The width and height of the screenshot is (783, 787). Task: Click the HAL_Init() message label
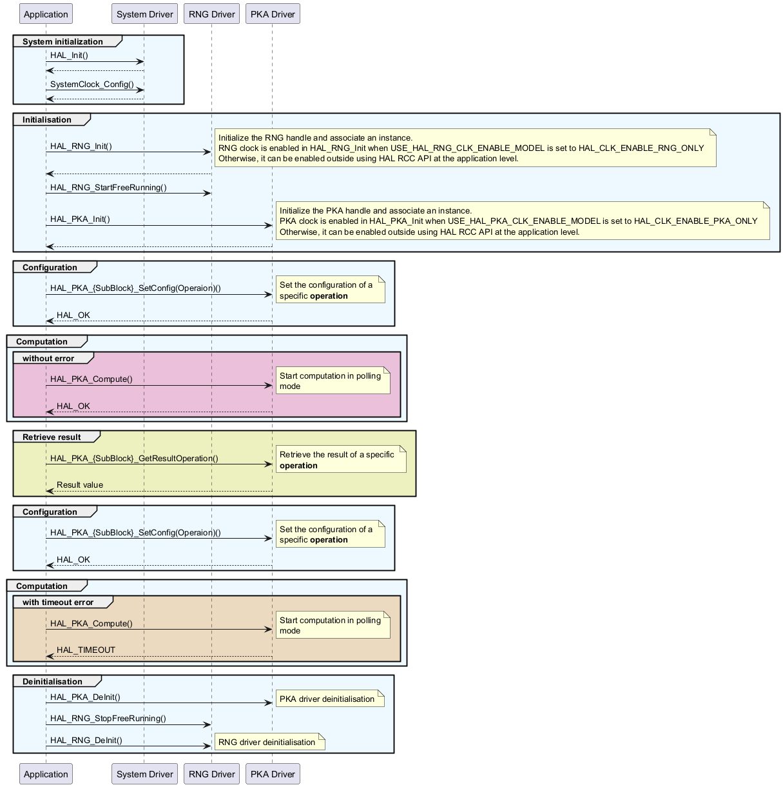pyautogui.click(x=69, y=55)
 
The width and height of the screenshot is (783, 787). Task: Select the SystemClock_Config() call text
pyautogui.click(x=92, y=85)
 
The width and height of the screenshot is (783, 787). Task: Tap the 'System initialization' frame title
pyautogui.click(x=63, y=42)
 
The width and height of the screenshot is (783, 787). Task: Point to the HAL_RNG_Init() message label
pyautogui.click(x=81, y=146)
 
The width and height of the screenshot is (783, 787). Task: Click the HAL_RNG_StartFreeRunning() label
pyautogui.click(x=108, y=188)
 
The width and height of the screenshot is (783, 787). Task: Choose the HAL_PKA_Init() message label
pyautogui.click(x=80, y=219)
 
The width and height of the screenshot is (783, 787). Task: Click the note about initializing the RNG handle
pyautogui.click(x=465, y=148)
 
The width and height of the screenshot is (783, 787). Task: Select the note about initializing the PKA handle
pyautogui.click(x=522, y=221)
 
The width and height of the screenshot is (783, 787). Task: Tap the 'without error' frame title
pyautogui.click(x=48, y=359)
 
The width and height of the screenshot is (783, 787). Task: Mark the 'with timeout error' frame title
pyautogui.click(x=58, y=603)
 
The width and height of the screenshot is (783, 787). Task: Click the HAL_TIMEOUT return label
pyautogui.click(x=86, y=650)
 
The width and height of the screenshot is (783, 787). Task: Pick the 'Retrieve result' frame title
pyautogui.click(x=52, y=437)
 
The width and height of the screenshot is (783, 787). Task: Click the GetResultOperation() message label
pyautogui.click(x=134, y=459)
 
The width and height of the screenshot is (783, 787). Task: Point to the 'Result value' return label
pyautogui.click(x=80, y=485)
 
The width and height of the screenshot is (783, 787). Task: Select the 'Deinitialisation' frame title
pyautogui.click(x=52, y=682)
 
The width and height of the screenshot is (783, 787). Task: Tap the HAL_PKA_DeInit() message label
pyautogui.click(x=85, y=697)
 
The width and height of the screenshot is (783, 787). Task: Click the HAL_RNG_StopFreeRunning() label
pyautogui.click(x=108, y=719)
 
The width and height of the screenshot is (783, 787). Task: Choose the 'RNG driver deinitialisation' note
pyautogui.click(x=269, y=742)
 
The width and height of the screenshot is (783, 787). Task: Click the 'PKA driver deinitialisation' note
pyautogui.click(x=329, y=699)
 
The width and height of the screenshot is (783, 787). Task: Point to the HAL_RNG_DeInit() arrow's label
pyautogui.click(x=86, y=741)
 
